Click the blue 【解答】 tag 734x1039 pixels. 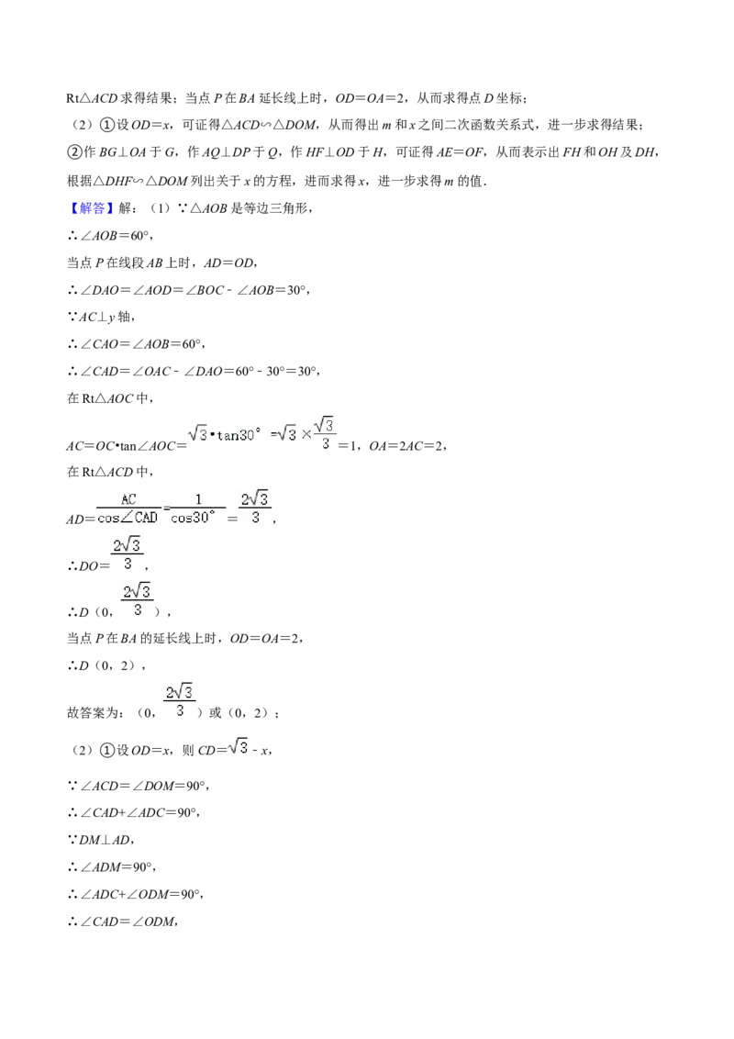[87, 208]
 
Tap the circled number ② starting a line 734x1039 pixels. [74, 152]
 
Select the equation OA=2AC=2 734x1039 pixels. [406, 447]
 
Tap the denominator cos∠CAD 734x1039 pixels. [128, 518]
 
